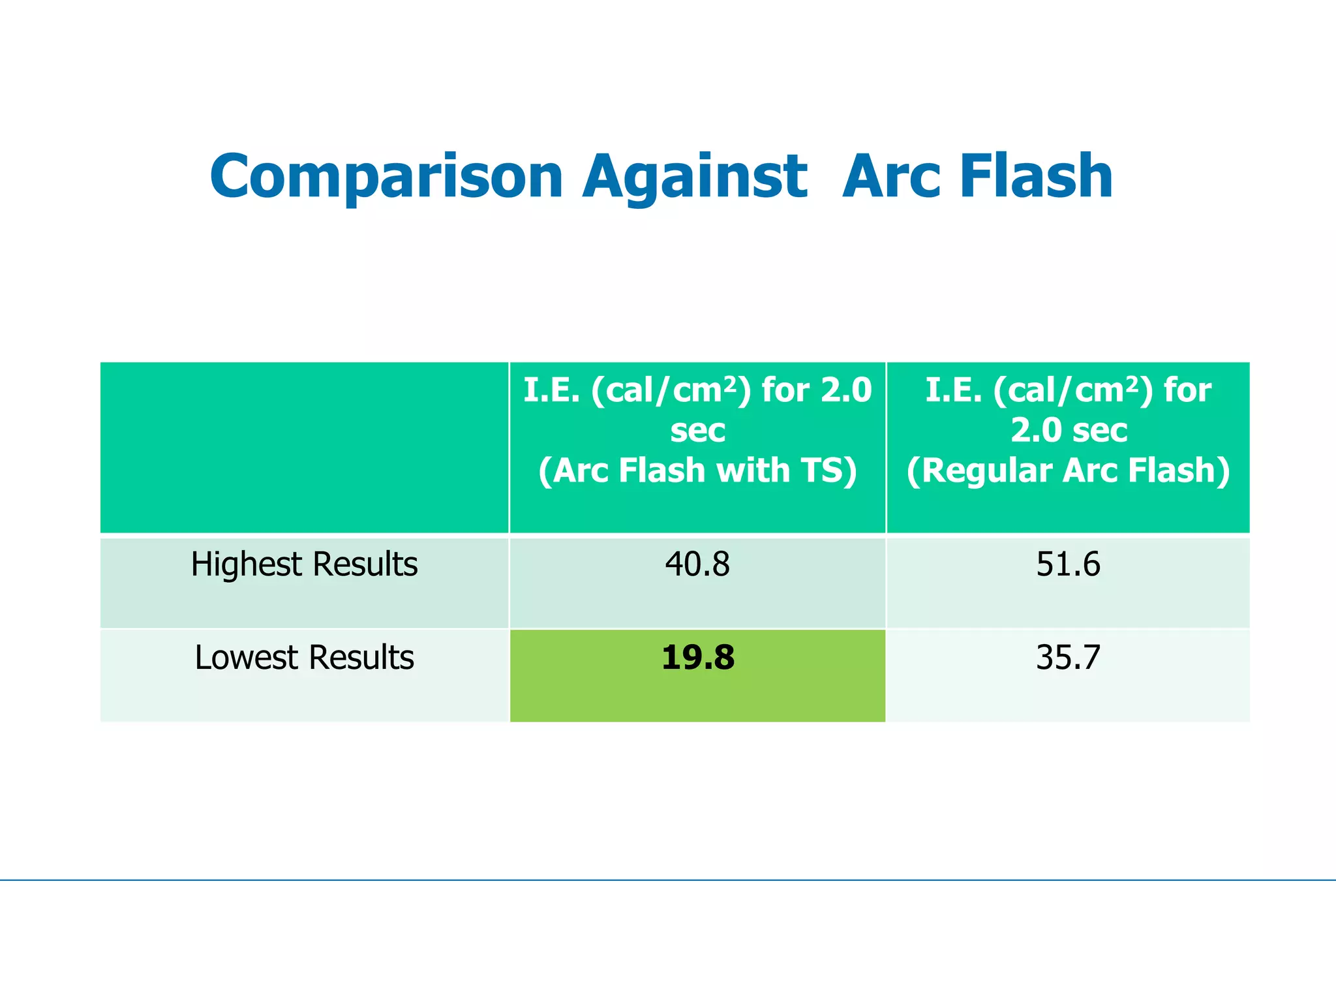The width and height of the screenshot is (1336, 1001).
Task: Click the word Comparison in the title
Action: coord(386,176)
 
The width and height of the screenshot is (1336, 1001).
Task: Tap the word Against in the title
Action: coord(695,176)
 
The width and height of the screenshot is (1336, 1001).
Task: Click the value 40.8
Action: coord(697,564)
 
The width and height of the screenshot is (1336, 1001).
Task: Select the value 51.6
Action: coord(1068,564)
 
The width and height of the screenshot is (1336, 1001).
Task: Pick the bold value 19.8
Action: coord(697,657)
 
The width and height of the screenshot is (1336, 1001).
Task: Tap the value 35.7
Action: coord(1068,657)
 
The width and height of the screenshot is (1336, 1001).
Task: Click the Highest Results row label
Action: coord(304,564)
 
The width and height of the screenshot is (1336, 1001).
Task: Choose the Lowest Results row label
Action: coord(304,657)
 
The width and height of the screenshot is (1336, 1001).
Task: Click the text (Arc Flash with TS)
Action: coord(697,470)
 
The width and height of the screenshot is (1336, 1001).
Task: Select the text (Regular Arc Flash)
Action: coord(1068,470)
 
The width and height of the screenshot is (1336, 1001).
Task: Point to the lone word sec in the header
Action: coord(697,430)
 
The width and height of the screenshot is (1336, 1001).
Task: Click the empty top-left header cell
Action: coord(304,447)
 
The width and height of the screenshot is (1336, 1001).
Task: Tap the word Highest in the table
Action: coord(244,564)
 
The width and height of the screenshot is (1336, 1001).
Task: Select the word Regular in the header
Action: coord(986,470)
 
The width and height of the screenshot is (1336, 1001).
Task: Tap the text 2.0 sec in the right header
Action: coord(1069,430)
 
